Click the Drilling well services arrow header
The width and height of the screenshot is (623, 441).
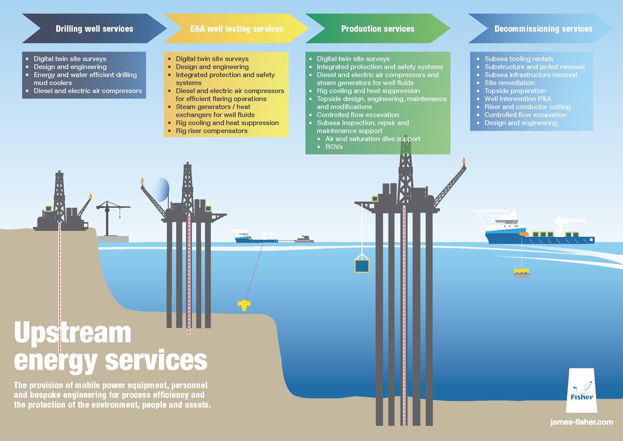pos(94,29)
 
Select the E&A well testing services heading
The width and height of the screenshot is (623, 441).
pos(236,29)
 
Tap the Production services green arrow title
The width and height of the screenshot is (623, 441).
pos(377,29)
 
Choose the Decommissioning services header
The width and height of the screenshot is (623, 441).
pos(543,29)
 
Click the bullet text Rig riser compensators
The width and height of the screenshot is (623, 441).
pos(211,131)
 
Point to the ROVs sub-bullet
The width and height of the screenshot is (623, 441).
pos(334,147)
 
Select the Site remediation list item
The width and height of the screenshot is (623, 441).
pos(509,83)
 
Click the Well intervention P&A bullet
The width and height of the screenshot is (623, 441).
pos(518,99)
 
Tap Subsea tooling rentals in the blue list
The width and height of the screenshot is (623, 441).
pos(518,59)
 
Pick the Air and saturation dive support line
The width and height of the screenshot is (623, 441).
pos(373,139)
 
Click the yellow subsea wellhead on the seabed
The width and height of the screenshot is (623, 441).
pos(244,305)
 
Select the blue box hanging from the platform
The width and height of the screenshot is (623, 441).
pos(361,266)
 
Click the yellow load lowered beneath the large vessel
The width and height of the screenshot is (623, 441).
pos(521,271)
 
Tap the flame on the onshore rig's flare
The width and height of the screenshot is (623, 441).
pos(90,197)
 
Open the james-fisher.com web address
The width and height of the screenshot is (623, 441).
pos(581,422)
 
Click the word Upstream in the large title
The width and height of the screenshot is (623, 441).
pos(73,333)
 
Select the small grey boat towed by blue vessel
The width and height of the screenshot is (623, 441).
pos(304,239)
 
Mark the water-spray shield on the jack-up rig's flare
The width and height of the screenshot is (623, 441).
pos(161,190)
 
